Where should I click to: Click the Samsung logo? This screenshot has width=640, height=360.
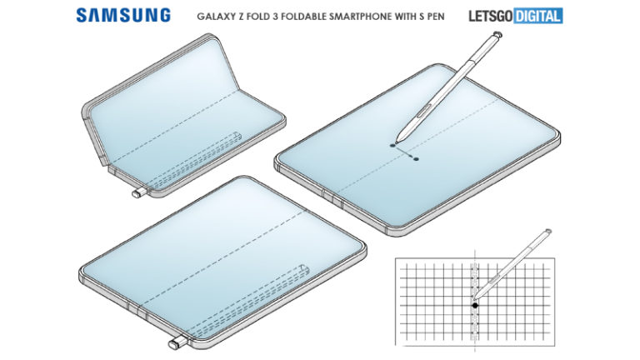point(123,16)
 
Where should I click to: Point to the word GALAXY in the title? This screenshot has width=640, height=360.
point(212,17)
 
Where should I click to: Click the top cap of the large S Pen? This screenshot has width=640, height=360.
point(497,35)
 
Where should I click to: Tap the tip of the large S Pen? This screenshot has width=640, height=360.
point(397,141)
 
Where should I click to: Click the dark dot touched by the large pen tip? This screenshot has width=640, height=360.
point(393,145)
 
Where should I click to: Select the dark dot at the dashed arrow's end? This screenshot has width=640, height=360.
point(416,159)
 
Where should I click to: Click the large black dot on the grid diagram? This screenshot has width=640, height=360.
point(475,305)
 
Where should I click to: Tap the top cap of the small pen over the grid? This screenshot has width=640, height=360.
point(547,232)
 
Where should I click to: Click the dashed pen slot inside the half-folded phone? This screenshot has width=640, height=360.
point(192,162)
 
